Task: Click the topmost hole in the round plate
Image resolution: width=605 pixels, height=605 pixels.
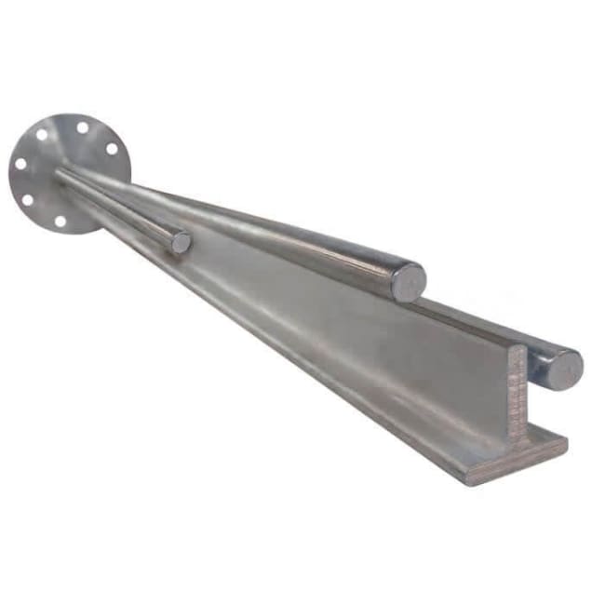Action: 83,128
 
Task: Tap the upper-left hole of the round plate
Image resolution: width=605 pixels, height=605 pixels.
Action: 43,135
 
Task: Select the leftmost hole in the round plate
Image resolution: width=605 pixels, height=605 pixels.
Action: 20,165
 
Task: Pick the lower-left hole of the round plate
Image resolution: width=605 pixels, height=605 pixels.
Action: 27,200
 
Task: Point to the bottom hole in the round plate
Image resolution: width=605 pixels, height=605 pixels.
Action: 60,222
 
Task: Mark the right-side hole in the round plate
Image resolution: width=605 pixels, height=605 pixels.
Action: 112,149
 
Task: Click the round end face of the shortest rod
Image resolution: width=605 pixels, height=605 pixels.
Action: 181,242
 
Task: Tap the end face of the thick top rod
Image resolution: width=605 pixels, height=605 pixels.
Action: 408,281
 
